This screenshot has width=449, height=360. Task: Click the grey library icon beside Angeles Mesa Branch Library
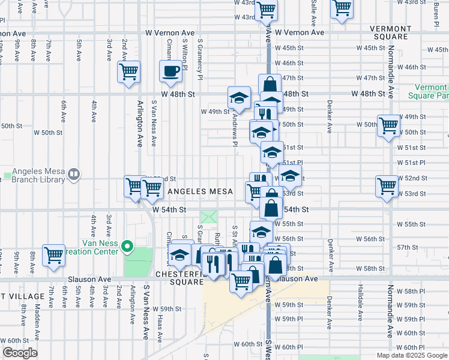pos(73,174)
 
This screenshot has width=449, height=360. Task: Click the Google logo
pos(20,353)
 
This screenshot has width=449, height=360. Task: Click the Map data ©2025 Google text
pos(411,355)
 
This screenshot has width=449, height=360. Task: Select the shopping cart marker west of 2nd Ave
pos(128,73)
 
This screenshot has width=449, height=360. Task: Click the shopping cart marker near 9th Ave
pos(53,255)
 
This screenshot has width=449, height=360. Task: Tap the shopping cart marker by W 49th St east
pos(388,125)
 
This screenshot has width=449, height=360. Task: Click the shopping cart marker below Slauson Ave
pos(241,280)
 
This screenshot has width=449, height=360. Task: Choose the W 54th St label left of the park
pos(170,209)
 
